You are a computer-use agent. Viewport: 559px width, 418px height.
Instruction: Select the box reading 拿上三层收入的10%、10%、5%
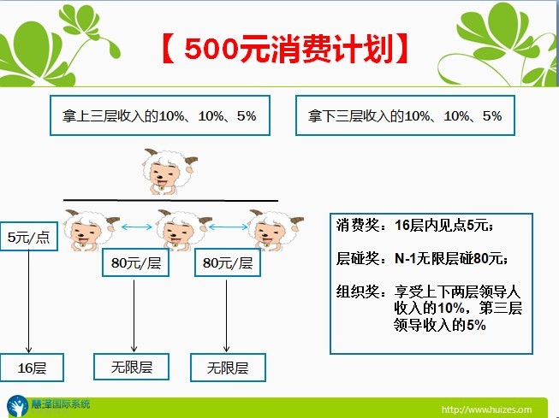tap(160, 115)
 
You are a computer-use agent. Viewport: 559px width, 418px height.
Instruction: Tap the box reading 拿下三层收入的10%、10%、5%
tap(405, 115)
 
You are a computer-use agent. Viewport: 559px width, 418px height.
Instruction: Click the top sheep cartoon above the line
tap(169, 172)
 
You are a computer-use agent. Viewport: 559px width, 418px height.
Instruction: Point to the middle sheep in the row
tap(183, 230)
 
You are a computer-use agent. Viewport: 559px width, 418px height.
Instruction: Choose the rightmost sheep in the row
tap(276, 230)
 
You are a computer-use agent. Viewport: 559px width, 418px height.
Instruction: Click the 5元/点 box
tap(29, 237)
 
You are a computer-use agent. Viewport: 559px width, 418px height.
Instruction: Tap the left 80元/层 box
tap(135, 262)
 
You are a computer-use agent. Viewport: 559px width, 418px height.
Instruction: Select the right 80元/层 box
tap(228, 262)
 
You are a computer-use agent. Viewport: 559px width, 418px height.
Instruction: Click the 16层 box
tap(32, 368)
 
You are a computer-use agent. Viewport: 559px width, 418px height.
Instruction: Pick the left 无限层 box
tap(131, 367)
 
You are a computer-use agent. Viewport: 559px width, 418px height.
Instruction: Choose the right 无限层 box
tap(228, 368)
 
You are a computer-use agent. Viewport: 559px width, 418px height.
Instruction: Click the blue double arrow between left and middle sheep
tap(137, 227)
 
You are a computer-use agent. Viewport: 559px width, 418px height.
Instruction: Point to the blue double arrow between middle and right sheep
tap(229, 227)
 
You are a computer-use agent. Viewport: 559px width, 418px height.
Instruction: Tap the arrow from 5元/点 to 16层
tap(28, 302)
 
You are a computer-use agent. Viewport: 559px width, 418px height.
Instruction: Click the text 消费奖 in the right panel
tap(358, 226)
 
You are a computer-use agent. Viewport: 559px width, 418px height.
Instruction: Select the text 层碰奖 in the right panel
tap(358, 258)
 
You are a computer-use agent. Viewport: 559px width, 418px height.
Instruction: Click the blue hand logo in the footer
tap(17, 406)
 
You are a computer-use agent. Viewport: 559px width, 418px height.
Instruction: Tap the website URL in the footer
tap(486, 409)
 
